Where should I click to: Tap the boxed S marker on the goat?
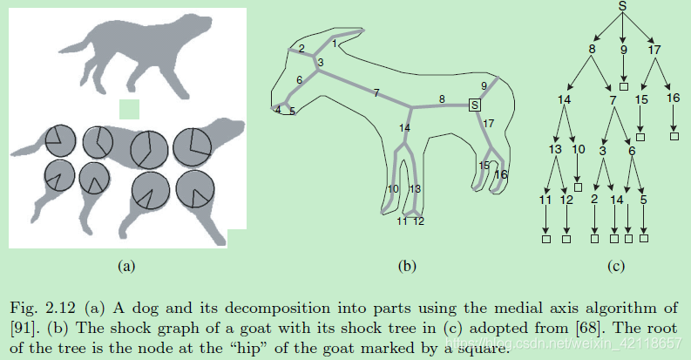coord(474,105)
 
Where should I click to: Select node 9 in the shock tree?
coord(623,50)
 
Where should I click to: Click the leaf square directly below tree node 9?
coord(623,86)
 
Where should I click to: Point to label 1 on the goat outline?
coord(335,43)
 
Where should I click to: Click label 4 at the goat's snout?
coord(278,109)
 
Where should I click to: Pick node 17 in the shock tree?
coord(655,50)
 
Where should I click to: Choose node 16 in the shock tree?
coord(674,98)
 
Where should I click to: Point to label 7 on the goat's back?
coord(376,92)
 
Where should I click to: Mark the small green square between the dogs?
coord(129,108)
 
